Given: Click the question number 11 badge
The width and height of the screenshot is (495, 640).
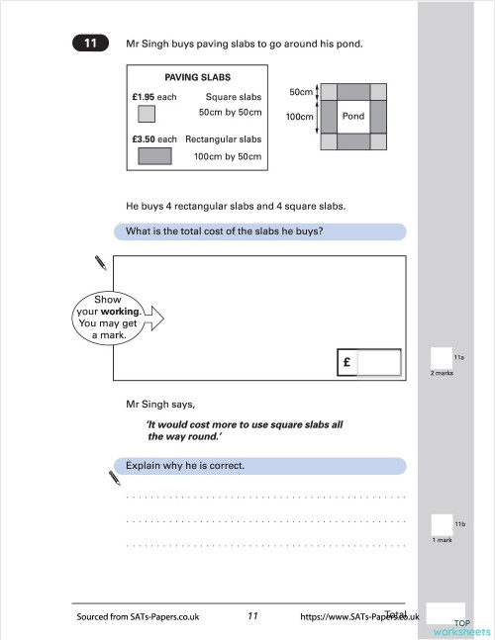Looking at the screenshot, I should click(x=90, y=44).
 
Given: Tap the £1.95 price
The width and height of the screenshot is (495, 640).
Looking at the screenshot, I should click(x=145, y=97).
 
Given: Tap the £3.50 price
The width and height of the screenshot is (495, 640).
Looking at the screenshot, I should click(x=145, y=139).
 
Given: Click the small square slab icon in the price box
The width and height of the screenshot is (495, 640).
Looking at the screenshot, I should click(x=146, y=114).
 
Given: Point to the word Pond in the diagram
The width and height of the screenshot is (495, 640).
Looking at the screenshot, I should click(x=353, y=116).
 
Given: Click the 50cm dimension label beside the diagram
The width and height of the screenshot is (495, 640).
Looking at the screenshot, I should click(x=300, y=91).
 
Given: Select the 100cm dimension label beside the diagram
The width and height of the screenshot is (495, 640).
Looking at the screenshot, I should click(x=298, y=116).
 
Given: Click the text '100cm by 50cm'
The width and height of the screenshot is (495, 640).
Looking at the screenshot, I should click(x=229, y=156).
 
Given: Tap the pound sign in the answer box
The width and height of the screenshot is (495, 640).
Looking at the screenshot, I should click(x=347, y=363).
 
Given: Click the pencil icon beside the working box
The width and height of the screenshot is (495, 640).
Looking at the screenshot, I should click(x=100, y=262).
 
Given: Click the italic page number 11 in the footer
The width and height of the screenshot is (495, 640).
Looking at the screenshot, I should click(x=252, y=615).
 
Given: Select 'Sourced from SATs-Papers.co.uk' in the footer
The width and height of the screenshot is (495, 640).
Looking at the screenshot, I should click(x=138, y=616).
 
